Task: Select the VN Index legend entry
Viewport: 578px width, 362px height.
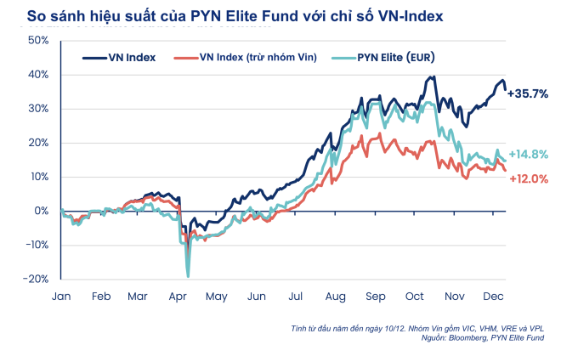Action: coord(119,58)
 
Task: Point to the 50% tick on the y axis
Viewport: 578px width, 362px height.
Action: coord(38,41)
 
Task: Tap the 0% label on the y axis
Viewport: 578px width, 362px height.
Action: coord(42,211)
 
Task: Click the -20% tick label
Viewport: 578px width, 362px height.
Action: coord(37,279)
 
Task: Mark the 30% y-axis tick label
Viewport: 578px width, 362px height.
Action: coord(38,109)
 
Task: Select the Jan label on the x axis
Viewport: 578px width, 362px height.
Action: coord(61,297)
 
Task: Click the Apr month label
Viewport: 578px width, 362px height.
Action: coord(178,297)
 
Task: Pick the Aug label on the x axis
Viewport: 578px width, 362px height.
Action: coord(335,297)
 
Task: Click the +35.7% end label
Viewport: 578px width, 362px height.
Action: coord(528,94)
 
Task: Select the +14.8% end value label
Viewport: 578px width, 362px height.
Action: coord(528,155)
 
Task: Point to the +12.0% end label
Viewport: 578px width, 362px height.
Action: coord(528,178)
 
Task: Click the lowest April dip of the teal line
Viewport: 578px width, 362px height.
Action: coord(187,275)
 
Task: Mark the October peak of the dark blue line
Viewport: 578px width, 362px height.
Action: coord(433,77)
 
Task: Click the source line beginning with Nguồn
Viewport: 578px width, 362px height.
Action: coord(484,337)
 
